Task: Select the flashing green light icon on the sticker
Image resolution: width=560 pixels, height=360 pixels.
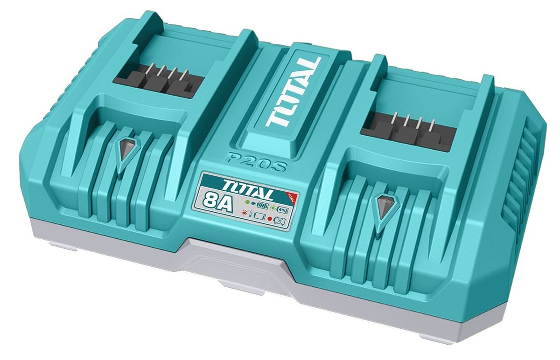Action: pos(273,207)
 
